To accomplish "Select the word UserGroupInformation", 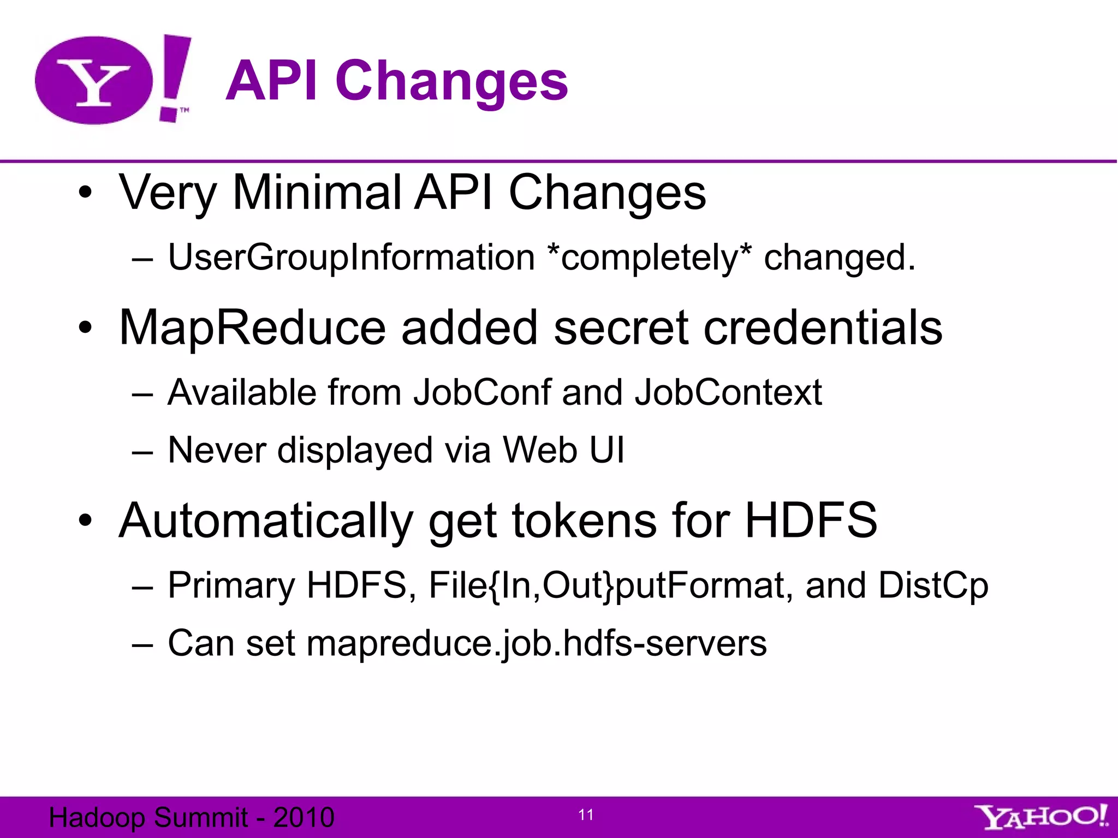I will pyautogui.click(x=351, y=258).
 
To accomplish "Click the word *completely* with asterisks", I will pyautogui.click(x=649, y=258).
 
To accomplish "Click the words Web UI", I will pyautogui.click(x=563, y=450).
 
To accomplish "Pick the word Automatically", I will pyautogui.click(x=265, y=520).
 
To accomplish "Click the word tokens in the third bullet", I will pyautogui.click(x=584, y=520).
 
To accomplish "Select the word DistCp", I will pyautogui.click(x=933, y=585).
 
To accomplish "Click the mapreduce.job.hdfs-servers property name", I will pyautogui.click(x=536, y=643).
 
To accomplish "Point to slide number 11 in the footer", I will pyautogui.click(x=586, y=815).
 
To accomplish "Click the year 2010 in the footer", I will pyautogui.click(x=304, y=817).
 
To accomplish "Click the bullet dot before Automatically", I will pyautogui.click(x=85, y=520).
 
